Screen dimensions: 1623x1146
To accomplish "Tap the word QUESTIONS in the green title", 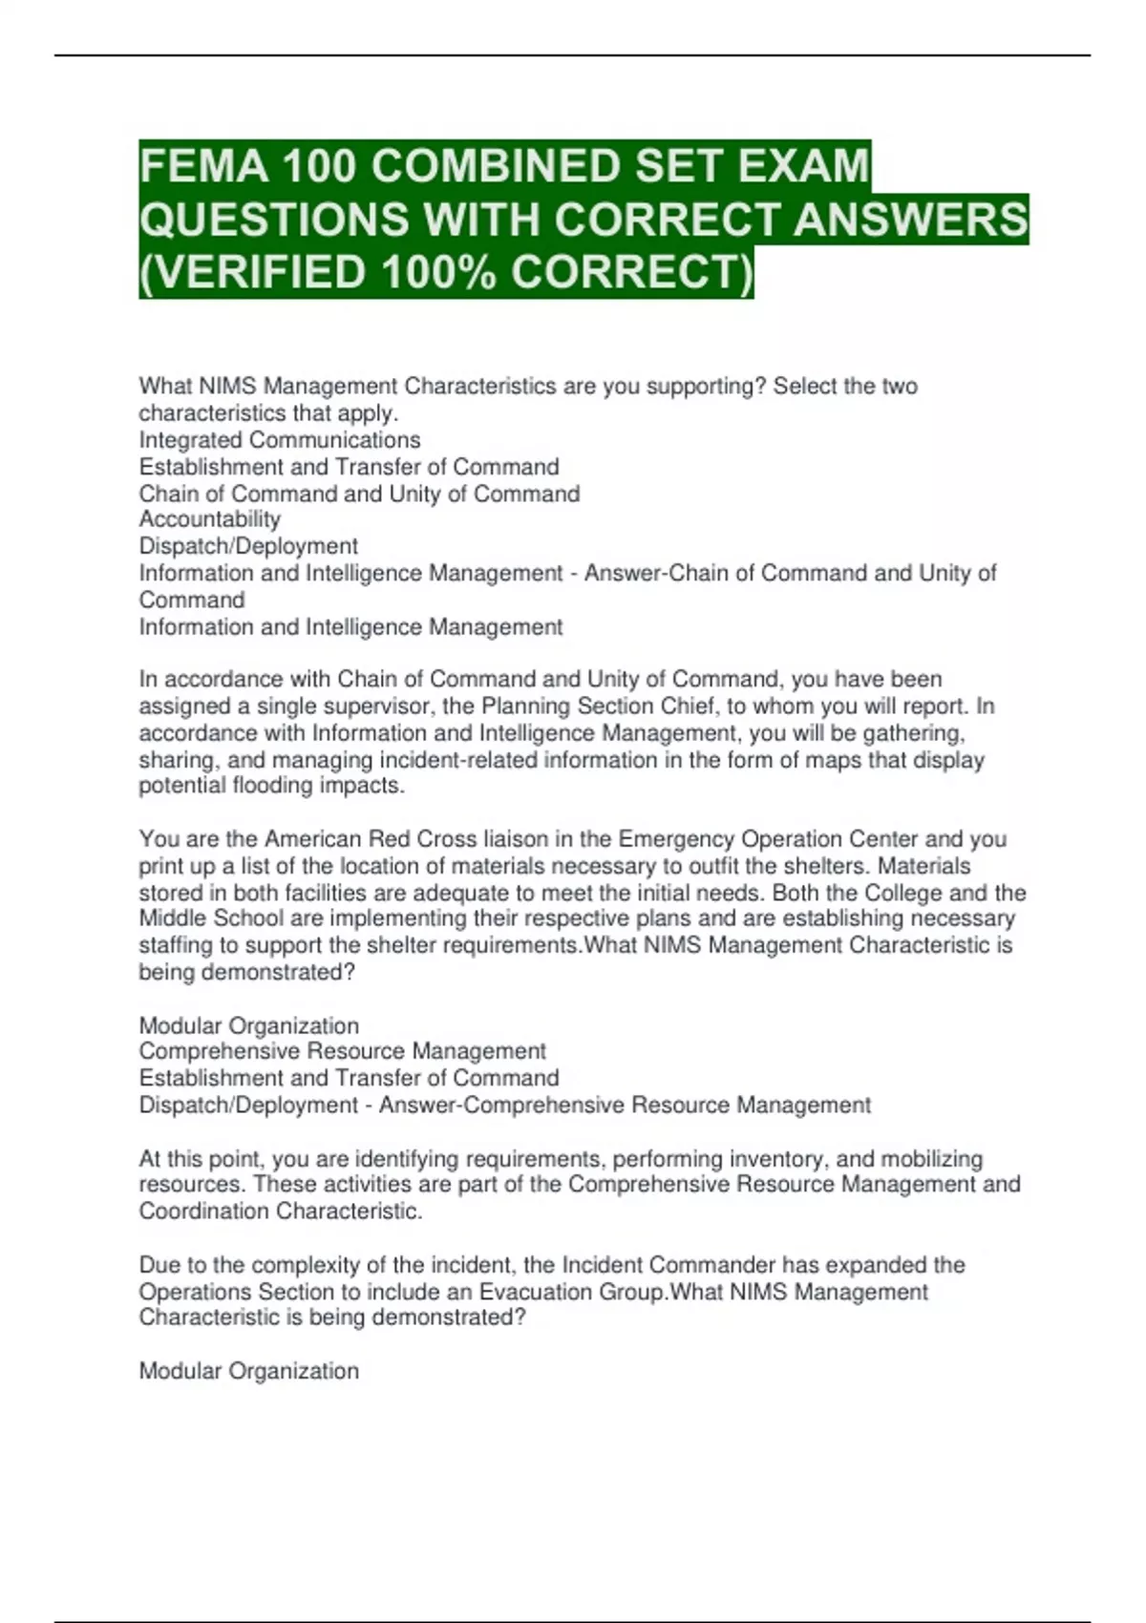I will point(272,220).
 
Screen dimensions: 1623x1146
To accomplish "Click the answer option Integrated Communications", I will point(279,440).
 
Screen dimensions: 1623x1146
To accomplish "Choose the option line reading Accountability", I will point(209,519).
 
